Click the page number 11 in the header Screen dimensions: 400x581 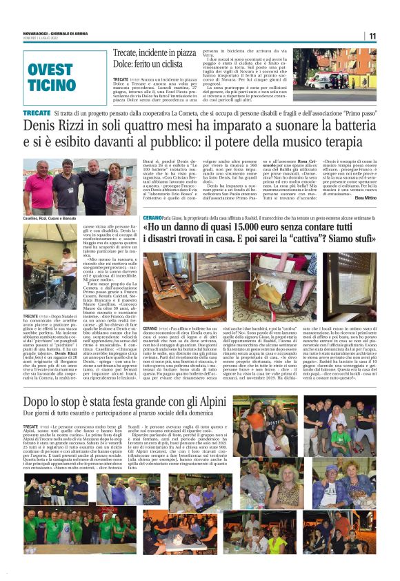tap(372, 36)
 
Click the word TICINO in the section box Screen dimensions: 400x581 tap(52, 86)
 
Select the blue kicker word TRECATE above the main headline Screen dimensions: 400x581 tap(37, 112)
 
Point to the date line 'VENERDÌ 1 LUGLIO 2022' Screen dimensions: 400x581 tap(40, 38)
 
